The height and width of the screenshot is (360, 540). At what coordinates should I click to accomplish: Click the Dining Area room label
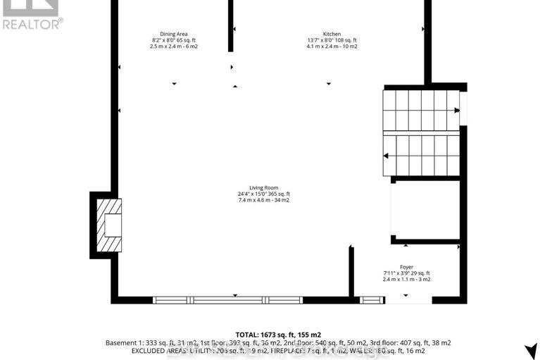(x=173, y=34)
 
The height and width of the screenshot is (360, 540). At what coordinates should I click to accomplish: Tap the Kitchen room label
(x=332, y=34)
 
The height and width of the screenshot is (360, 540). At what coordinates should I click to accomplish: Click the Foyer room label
(x=406, y=267)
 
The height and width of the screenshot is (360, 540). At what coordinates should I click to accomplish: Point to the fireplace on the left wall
(x=107, y=224)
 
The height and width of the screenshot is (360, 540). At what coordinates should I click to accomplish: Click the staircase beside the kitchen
(x=422, y=132)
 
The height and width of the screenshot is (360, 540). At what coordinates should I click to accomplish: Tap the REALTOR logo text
(x=32, y=23)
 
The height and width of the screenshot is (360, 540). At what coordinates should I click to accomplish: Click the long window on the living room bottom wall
(x=228, y=299)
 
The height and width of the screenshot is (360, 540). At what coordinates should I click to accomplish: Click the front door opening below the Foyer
(x=408, y=299)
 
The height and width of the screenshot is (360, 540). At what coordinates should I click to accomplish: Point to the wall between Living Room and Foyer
(x=351, y=271)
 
